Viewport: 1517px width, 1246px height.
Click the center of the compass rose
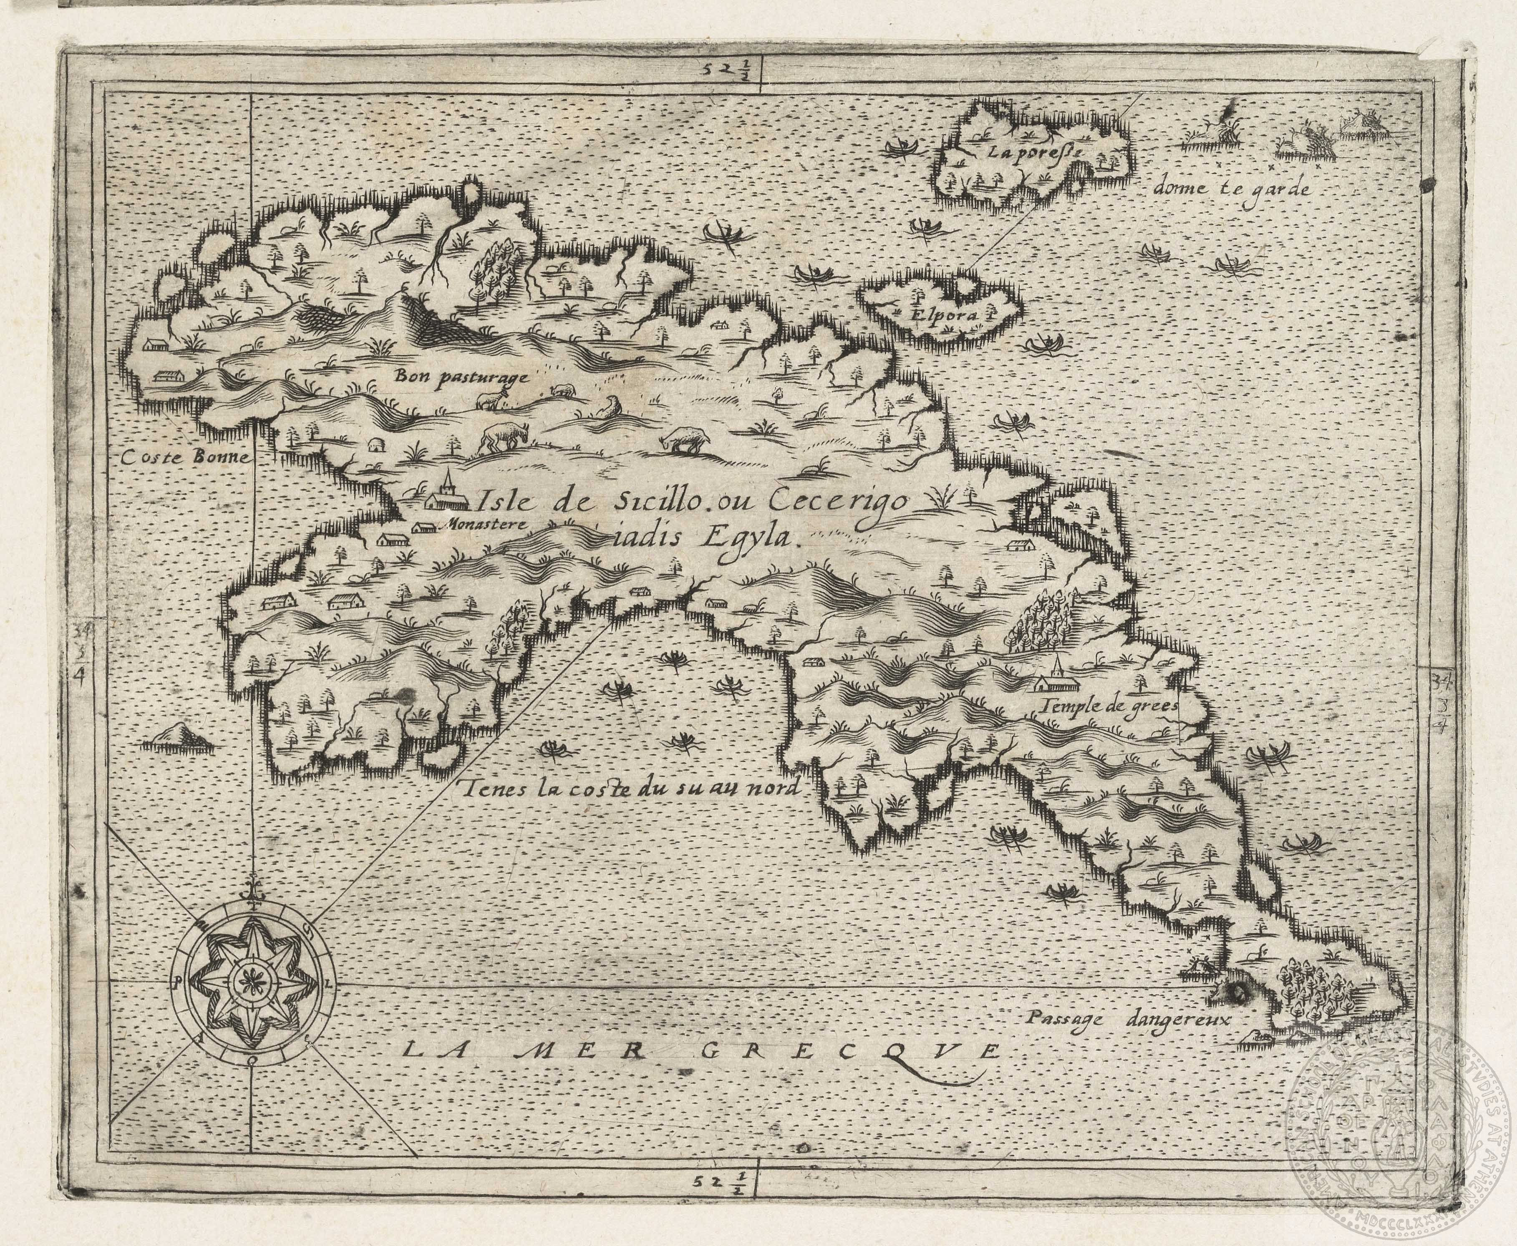251,979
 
